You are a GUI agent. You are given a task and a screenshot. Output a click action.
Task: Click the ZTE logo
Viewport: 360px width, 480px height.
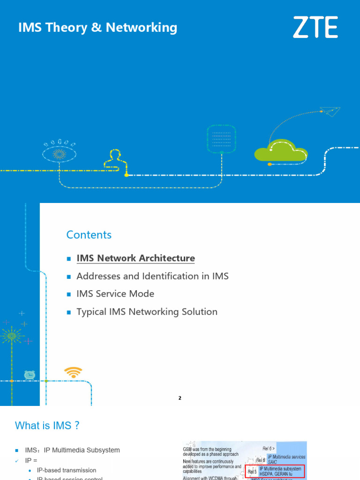click(315, 27)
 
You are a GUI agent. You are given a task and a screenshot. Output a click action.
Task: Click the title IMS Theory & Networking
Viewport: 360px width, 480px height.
click(97, 28)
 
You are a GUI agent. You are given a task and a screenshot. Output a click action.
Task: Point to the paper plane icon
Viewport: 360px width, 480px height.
click(330, 111)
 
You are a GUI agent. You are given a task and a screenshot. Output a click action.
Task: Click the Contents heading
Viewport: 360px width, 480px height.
click(89, 235)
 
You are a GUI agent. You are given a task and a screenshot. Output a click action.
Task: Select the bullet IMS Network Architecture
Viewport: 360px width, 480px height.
click(135, 258)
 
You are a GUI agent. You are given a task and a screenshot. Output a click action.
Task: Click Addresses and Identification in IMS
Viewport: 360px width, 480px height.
click(152, 276)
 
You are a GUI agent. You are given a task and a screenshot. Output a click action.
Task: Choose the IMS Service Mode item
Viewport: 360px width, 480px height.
click(115, 294)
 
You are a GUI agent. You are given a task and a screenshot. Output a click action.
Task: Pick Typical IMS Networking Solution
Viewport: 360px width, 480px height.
click(147, 312)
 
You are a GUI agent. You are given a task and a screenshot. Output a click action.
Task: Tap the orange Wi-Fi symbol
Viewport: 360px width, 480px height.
click(73, 373)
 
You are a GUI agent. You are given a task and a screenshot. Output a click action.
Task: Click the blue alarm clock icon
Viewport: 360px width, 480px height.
click(30, 375)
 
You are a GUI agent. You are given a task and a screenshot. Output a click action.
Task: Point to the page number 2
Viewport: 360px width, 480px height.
click(180, 398)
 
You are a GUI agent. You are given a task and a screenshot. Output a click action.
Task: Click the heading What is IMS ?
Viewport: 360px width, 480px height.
click(47, 426)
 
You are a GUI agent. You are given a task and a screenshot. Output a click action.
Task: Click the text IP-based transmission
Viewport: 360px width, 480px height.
click(66, 470)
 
